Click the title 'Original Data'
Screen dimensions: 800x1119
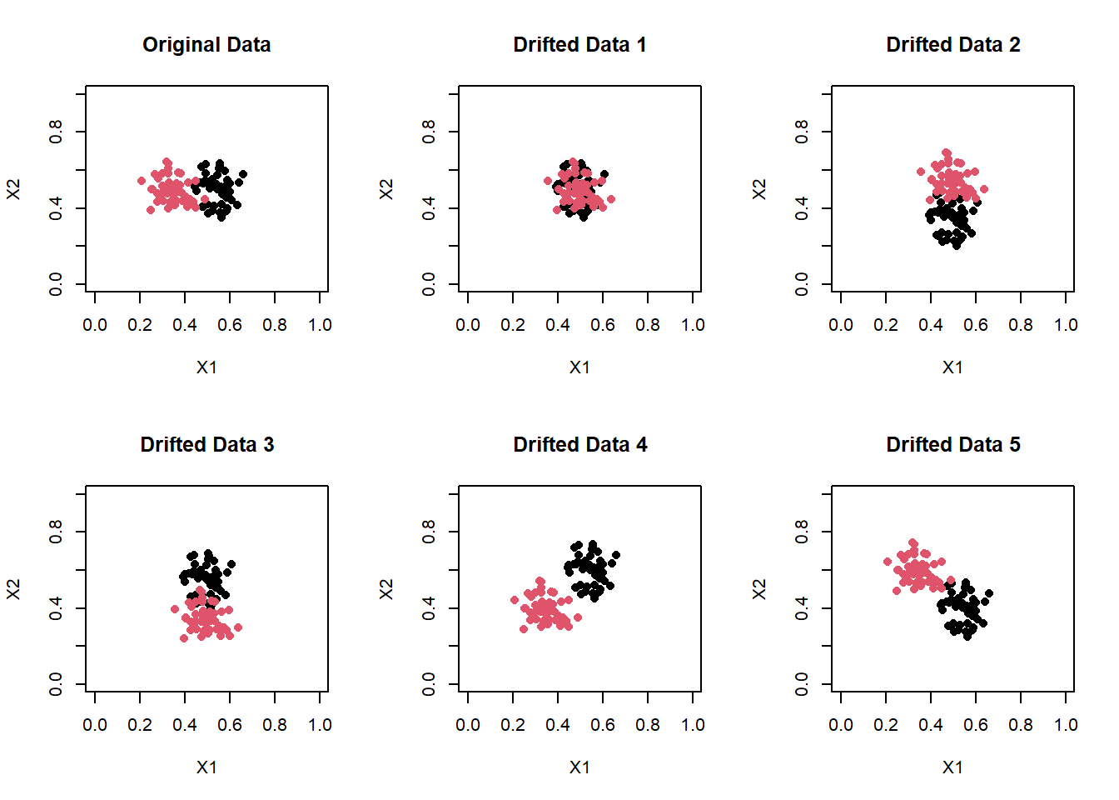point(206,45)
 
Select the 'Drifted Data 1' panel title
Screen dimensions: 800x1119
point(579,45)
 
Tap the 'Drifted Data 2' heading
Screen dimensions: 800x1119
point(952,45)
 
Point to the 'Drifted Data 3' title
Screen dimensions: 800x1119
point(206,445)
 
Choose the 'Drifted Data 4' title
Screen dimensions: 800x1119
point(579,445)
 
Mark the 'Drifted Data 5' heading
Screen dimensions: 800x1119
point(952,445)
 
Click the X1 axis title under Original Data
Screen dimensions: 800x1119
point(206,367)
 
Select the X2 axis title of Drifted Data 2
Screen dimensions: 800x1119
point(759,189)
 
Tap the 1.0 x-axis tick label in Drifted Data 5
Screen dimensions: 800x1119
point(1066,726)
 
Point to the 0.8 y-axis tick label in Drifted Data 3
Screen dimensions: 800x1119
point(56,531)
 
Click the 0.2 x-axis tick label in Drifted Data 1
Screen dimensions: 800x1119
point(513,326)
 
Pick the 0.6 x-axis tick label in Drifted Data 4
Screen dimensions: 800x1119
point(603,726)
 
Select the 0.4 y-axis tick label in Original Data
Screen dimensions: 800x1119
point(56,207)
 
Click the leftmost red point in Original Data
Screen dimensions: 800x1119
point(142,181)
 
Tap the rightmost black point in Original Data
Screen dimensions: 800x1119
point(243,175)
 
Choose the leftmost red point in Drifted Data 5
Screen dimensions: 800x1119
point(888,562)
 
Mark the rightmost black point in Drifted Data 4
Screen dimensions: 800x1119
point(616,555)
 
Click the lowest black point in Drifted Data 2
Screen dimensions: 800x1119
point(957,246)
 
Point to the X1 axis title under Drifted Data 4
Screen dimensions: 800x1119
point(579,767)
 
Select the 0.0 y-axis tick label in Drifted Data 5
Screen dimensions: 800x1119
point(802,684)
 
